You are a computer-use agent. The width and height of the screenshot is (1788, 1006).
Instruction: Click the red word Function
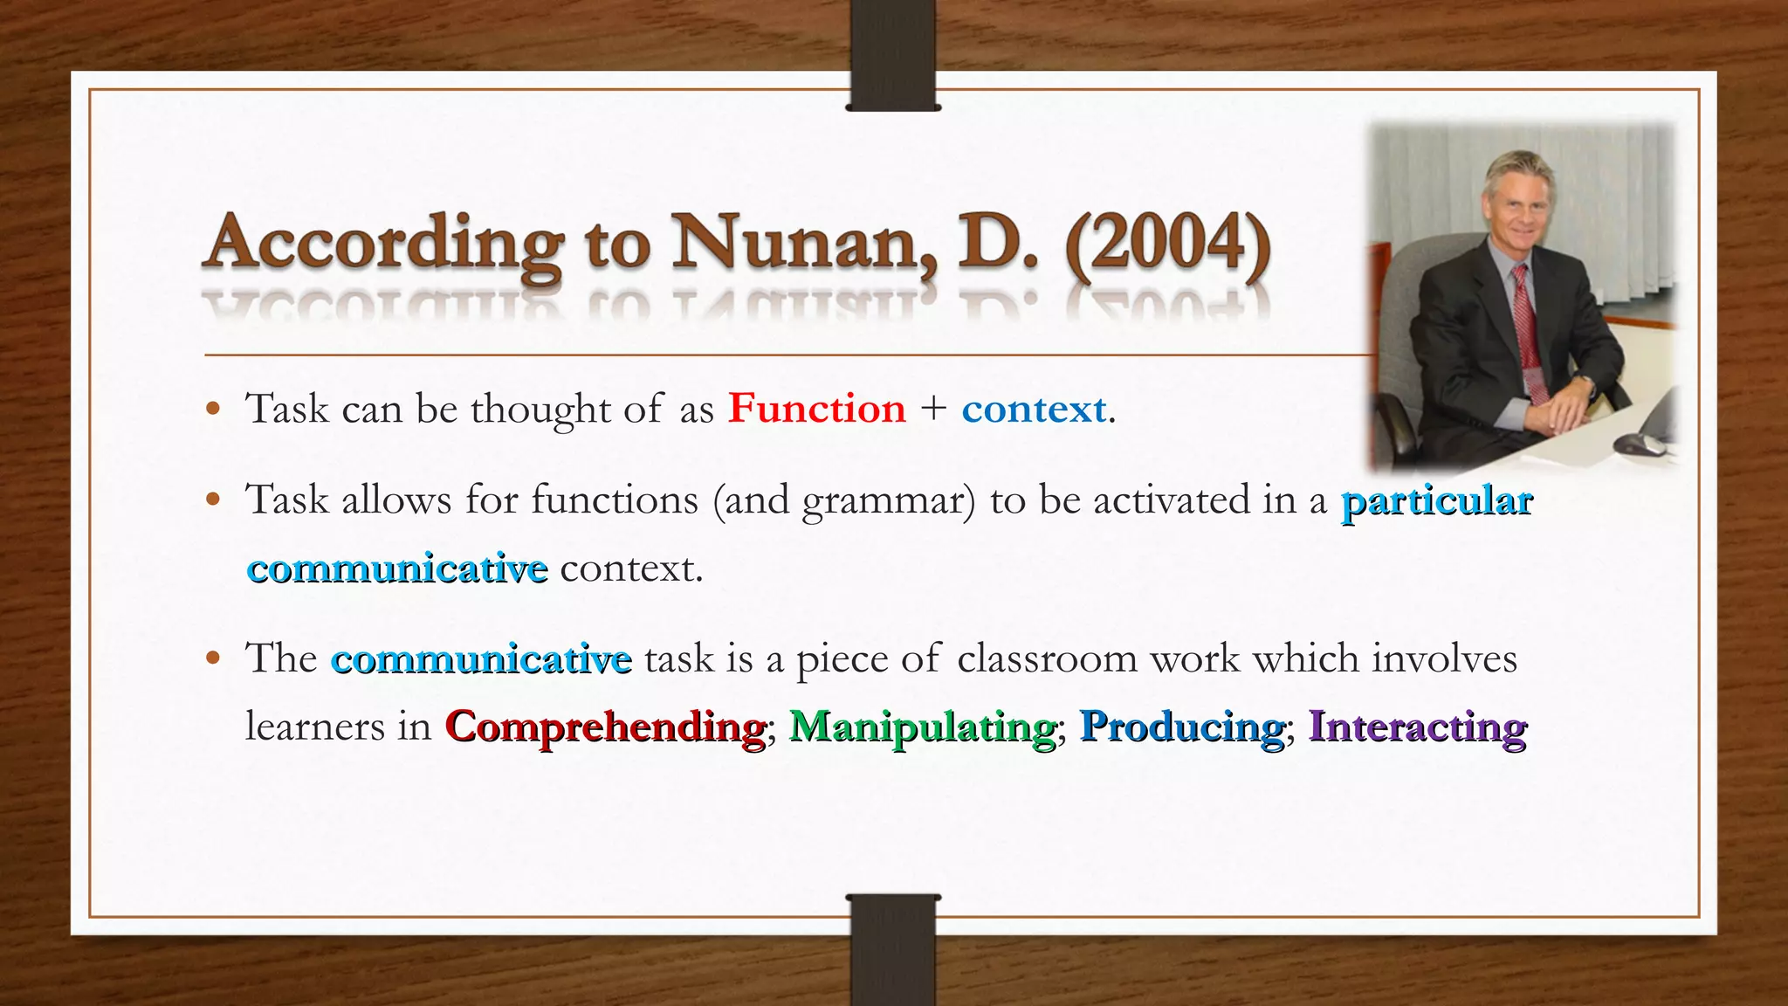817,409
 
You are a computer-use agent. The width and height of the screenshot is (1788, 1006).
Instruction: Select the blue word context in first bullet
1034,409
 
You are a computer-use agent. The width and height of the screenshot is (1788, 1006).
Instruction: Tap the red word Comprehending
605,727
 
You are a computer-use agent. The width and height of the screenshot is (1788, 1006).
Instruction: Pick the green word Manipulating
922,727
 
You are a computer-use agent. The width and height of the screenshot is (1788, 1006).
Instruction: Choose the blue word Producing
1182,727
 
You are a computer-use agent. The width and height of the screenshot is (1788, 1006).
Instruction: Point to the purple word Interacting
1418,727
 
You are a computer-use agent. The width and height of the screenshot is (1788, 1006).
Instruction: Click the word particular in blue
1436,501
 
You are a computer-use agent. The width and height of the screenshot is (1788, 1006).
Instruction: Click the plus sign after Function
933,409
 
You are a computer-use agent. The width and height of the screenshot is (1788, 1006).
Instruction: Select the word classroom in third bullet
1047,658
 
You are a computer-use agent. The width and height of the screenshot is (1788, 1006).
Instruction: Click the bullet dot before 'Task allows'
213,501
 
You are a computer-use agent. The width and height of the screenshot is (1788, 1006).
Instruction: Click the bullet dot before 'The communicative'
213,658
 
